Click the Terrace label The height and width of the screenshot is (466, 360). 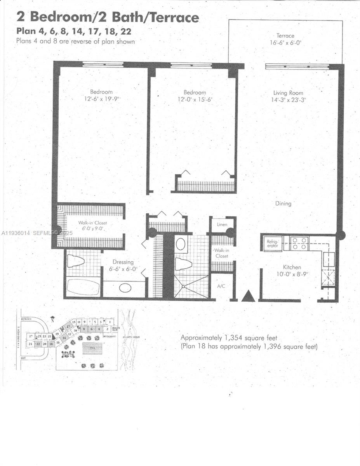pos(285,36)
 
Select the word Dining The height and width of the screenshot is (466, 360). pos(283,203)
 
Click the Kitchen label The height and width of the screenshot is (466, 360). pos(292,267)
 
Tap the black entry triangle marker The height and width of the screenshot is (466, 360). pos(248,296)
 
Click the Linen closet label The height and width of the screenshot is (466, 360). pos(222,225)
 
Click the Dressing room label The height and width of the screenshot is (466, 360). pos(123,262)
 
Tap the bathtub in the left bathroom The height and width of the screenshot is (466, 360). pos(83,287)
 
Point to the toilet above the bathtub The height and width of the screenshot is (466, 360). pos(76,261)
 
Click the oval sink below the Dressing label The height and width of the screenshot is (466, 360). pos(125,288)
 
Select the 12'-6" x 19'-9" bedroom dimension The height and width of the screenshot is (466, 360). pos(101,99)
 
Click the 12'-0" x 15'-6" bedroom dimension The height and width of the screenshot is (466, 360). pos(195,99)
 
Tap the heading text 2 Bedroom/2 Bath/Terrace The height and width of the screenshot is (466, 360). pos(108,17)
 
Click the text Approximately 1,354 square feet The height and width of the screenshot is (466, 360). pos(229,338)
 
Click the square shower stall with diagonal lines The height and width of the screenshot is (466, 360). pos(191,287)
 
